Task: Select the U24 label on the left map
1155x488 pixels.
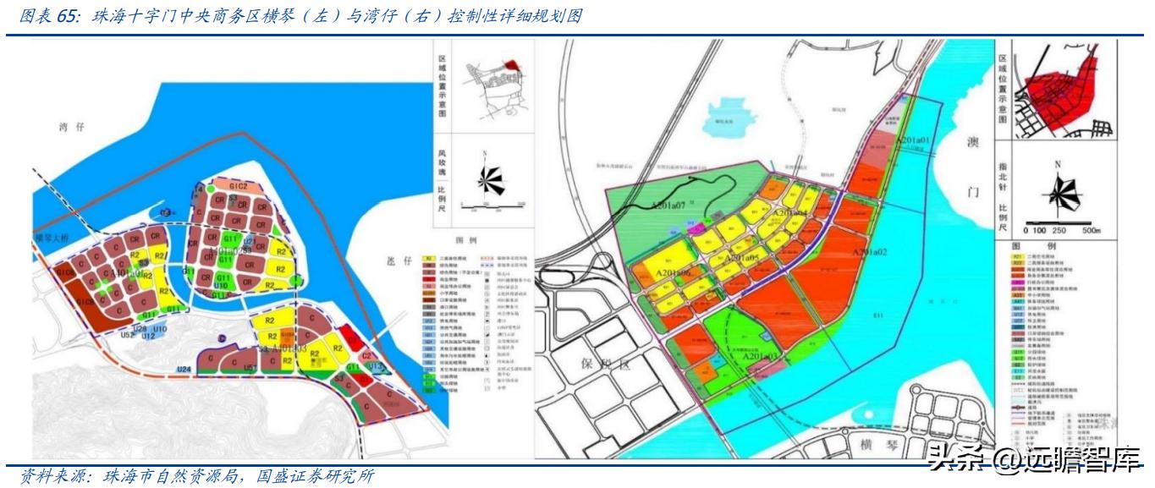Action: click(185, 370)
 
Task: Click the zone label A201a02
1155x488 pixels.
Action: click(869, 253)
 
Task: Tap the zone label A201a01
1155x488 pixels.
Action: click(913, 140)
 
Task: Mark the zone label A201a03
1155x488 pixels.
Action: click(760, 357)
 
